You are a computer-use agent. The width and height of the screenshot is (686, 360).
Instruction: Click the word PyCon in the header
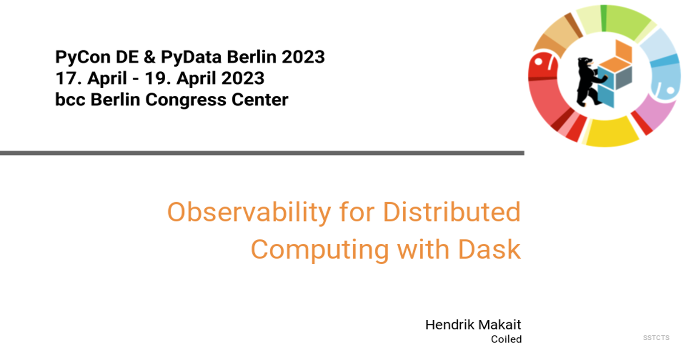point(83,57)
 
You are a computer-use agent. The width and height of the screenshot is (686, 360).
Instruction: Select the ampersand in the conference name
point(149,57)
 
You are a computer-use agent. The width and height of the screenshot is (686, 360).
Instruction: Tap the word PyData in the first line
point(191,57)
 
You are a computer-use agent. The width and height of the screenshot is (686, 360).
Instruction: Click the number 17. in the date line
point(69,78)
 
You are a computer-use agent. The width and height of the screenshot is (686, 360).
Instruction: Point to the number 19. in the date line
point(158,78)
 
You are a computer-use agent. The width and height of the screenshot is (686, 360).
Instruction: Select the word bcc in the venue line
point(70,99)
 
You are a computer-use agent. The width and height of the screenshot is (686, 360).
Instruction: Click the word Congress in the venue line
point(185,100)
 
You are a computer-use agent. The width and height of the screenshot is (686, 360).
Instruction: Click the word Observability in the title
point(249,213)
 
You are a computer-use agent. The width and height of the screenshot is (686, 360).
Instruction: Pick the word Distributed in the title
point(452,212)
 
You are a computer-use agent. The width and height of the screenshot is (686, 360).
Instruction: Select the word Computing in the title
point(320,250)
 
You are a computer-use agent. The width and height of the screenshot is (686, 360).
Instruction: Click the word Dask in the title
point(489,249)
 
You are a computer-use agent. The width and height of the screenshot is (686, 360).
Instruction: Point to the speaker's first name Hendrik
point(449,325)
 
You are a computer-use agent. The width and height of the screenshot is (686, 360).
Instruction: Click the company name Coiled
point(506,339)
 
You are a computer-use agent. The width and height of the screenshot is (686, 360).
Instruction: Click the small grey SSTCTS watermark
point(656,338)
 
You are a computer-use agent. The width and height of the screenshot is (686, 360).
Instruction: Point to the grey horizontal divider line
point(262,153)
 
